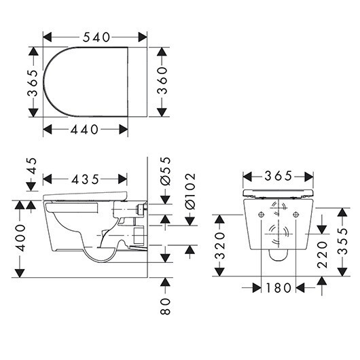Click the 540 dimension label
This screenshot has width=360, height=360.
point(96,37)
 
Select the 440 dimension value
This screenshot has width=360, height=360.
point(84,130)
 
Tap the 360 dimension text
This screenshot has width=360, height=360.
point(162,81)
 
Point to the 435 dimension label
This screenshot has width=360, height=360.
point(85,179)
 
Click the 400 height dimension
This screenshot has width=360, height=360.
point(20,238)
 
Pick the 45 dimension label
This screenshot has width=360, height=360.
point(32,166)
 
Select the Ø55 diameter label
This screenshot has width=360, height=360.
point(166,171)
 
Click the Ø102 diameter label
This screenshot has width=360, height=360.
point(190,192)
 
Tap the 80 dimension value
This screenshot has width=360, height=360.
point(165,306)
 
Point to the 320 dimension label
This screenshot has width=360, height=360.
point(219,246)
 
